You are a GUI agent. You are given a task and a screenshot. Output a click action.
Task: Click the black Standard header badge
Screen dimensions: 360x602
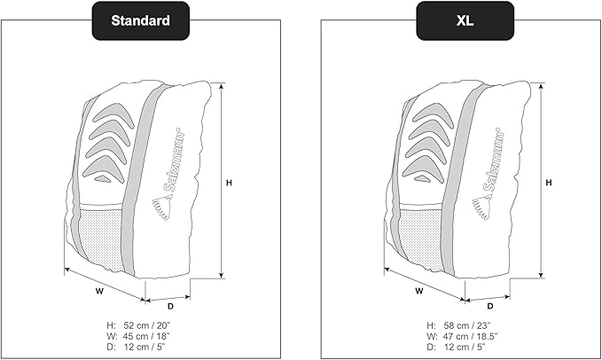(142, 20)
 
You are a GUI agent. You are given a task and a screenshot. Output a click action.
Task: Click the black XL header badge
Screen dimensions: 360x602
(465, 20)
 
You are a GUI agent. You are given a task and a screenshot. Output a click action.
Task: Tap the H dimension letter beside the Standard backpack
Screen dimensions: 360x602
(229, 183)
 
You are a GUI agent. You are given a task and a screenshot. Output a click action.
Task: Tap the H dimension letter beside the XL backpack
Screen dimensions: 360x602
(549, 183)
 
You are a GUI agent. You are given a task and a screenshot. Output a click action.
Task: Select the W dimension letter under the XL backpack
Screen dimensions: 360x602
(418, 289)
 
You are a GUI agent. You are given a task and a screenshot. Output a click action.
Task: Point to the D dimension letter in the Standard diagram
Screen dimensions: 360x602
(170, 307)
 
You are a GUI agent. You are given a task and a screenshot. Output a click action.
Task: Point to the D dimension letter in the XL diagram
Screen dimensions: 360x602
(490, 307)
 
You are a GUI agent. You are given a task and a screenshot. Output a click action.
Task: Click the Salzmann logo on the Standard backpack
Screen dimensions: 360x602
(171, 173)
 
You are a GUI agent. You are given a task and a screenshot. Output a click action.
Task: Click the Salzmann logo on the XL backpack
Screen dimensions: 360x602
(491, 173)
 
